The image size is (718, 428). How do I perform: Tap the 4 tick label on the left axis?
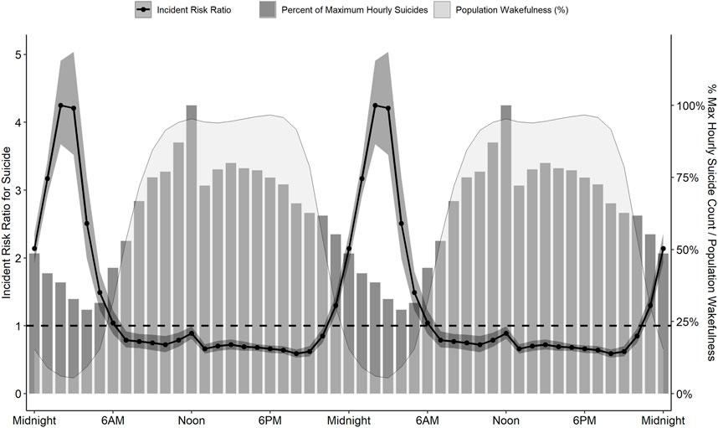pyautogui.click(x=18, y=122)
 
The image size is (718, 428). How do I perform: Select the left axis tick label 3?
pyautogui.click(x=18, y=190)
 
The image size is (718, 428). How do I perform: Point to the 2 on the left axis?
pyautogui.click(x=18, y=258)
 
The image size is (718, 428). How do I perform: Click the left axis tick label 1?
pyautogui.click(x=18, y=326)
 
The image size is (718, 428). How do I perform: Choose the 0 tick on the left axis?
pyautogui.click(x=18, y=394)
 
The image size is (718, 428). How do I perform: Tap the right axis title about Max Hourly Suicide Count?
pyautogui.click(x=710, y=222)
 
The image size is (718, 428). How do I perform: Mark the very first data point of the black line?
pyautogui.click(x=34, y=249)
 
